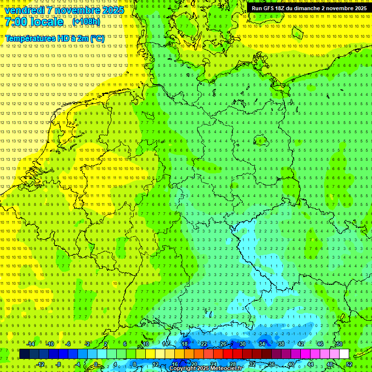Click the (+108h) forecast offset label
[x=86, y=22]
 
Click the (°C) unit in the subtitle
[x=97, y=38]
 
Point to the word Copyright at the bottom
[x=183, y=369]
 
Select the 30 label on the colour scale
[x=242, y=344]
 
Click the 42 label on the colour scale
[x=300, y=344]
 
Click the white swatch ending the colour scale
[x=344, y=354]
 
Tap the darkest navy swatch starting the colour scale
[x=24, y=354]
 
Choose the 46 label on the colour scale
[x=320, y=344]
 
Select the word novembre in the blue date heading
[x=77, y=10]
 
